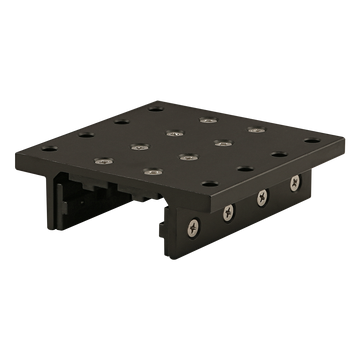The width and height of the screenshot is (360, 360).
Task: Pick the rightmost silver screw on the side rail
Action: click(x=295, y=181)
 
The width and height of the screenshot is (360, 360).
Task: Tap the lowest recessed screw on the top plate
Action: click(x=151, y=172)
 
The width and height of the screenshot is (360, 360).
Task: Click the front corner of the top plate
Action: click(x=177, y=201)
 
